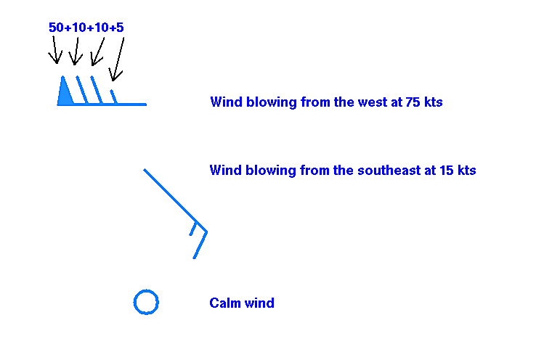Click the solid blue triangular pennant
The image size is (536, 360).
(x=64, y=94)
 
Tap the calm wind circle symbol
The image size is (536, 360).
(x=146, y=290)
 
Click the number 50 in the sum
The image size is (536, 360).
(x=56, y=28)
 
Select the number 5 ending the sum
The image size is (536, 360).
(x=120, y=28)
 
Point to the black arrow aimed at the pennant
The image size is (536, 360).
(x=54, y=50)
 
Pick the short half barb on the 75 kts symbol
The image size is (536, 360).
(x=114, y=97)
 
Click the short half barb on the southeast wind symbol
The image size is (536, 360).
(x=192, y=229)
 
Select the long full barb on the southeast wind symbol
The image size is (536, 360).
(x=200, y=245)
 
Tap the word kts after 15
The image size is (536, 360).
(x=466, y=170)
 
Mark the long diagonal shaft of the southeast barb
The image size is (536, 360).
(x=175, y=200)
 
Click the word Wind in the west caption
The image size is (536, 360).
(x=227, y=102)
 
